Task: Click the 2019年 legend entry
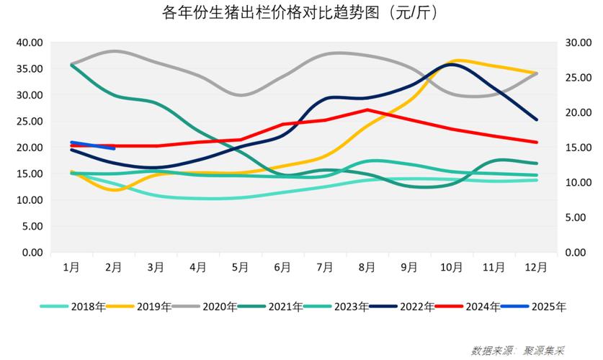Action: coord(138,307)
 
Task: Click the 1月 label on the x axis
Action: coord(71,267)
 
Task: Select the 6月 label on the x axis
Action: coord(282,267)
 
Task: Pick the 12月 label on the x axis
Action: coord(535,267)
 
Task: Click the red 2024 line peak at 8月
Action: coord(367,110)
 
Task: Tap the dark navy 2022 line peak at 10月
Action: coord(452,64)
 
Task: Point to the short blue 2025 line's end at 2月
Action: coord(114,148)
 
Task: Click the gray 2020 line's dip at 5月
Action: coord(240,95)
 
